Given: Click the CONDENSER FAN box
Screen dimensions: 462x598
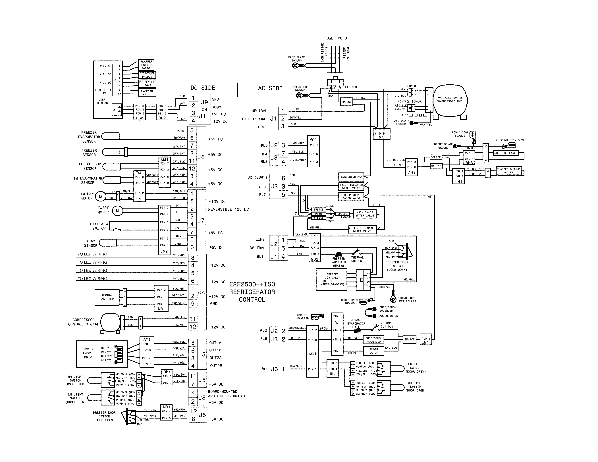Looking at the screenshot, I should pos(351,177).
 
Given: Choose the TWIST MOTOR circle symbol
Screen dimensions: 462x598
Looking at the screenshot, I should pos(117,211).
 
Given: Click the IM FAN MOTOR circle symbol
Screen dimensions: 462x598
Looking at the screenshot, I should pos(100,196).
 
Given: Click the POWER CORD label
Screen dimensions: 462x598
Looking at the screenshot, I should pos(335,38).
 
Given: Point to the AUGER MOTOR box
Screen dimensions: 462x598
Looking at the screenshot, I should pos(373,351).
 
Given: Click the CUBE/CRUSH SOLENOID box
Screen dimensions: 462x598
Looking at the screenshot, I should pos(373,340).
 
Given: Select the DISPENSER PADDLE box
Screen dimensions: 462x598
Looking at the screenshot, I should pos(147,75).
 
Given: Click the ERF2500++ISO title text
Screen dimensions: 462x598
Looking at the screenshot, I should pos(252,284).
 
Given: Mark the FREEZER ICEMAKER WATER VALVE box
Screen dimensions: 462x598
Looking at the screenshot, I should pos(362,230).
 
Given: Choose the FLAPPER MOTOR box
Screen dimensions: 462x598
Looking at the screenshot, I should pos(147,92).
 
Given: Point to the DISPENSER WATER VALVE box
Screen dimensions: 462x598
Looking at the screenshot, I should pos(352,197).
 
